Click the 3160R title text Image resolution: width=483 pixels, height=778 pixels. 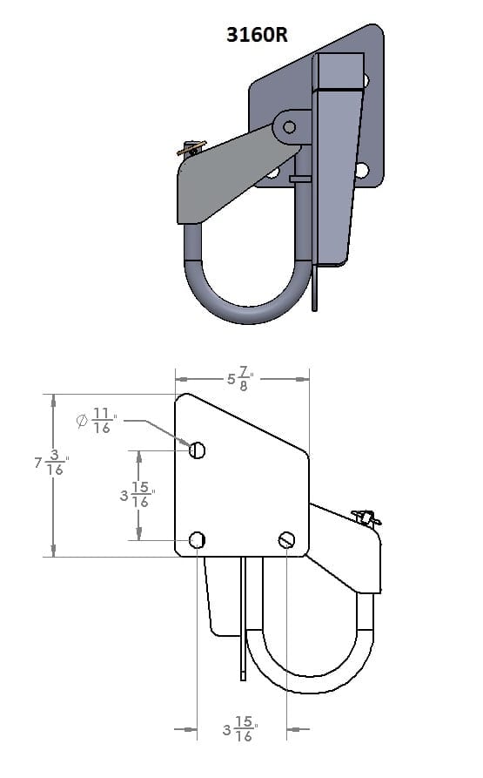coord(257,35)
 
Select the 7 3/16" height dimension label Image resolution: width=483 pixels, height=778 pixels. coord(51,463)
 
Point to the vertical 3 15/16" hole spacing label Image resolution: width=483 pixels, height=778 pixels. coord(138,495)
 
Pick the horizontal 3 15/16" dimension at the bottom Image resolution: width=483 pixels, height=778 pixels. coord(240,729)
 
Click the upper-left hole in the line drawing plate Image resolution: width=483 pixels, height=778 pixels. coord(198,450)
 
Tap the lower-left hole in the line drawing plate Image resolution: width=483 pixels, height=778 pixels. coord(198,540)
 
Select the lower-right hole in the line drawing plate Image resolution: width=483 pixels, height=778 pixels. coord(287,540)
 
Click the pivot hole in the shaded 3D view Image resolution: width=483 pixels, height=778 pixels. coord(289,127)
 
